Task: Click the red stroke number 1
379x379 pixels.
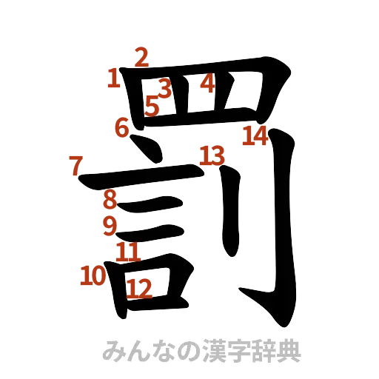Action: tap(113, 77)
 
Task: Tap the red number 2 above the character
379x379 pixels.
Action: tap(141, 55)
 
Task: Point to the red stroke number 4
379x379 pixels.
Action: tap(207, 83)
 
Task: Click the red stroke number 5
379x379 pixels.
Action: tap(152, 106)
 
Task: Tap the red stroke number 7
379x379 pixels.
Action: tap(74, 164)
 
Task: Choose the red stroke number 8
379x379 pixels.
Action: tap(110, 199)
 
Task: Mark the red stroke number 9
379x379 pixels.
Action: tap(110, 224)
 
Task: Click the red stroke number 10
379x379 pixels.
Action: tap(94, 277)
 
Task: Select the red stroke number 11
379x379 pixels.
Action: tap(130, 251)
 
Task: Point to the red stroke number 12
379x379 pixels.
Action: tap(139, 287)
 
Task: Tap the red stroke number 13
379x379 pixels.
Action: tap(211, 155)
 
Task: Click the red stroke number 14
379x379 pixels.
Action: tap(255, 135)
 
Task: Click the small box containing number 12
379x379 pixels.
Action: tap(152, 287)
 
